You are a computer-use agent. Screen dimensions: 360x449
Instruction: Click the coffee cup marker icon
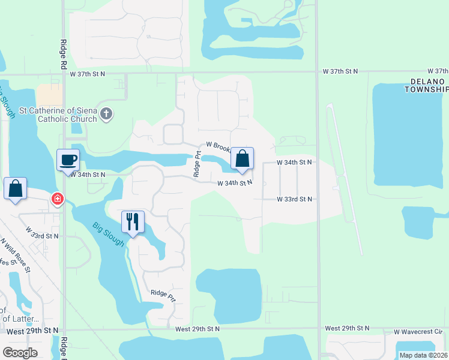click(68, 160)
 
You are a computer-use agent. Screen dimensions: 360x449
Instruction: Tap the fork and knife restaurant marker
click(133, 221)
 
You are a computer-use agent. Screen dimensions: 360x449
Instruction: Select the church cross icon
click(106, 114)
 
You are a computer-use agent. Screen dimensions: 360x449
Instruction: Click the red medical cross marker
click(58, 199)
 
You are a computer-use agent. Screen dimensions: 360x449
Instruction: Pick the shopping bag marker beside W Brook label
click(243, 159)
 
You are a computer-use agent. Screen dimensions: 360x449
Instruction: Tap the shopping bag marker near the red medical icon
click(15, 188)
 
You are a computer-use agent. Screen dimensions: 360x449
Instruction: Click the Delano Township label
click(427, 85)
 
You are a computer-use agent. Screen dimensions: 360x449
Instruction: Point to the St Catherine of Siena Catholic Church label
click(58, 115)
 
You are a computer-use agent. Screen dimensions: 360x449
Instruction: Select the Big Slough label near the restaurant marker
click(109, 234)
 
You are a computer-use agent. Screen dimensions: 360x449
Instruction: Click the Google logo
click(20, 353)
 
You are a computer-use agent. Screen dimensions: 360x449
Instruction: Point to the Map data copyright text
click(424, 355)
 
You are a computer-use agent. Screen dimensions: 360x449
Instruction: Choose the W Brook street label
click(218, 145)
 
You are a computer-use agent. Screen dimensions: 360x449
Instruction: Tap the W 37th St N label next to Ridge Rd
click(87, 73)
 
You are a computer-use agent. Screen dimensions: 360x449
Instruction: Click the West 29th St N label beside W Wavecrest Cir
click(348, 328)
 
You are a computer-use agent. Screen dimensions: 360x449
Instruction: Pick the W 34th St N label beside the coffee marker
click(88, 175)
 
